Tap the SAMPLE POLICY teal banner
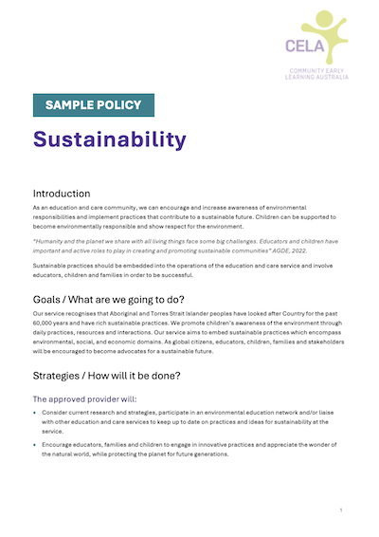pos(94,105)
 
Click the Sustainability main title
pos(110,139)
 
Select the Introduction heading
pos(62,193)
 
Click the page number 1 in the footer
pos(340,511)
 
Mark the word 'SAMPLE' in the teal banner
pos(67,105)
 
